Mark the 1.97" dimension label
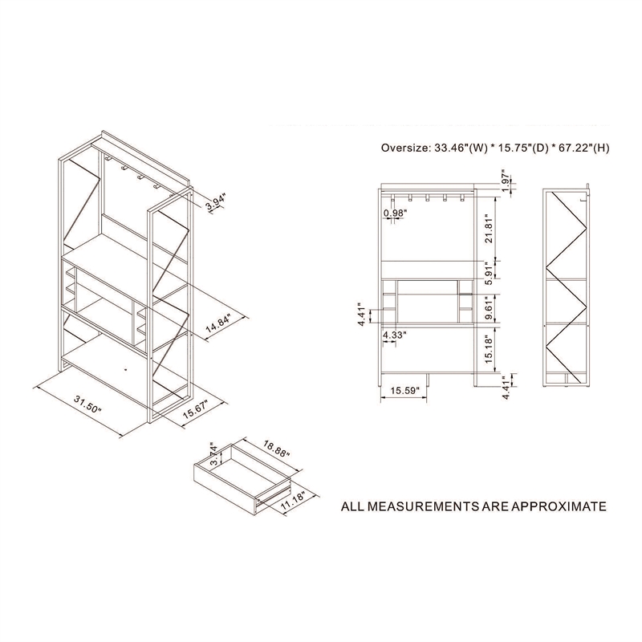click(504, 178)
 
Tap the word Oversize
click(405, 148)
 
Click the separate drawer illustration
click(245, 481)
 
